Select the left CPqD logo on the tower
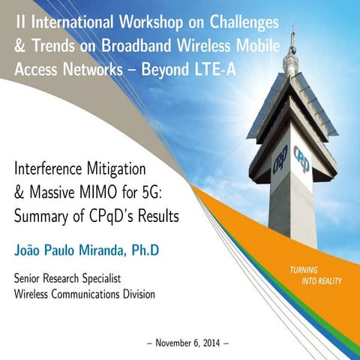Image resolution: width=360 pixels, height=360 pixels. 280,160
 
